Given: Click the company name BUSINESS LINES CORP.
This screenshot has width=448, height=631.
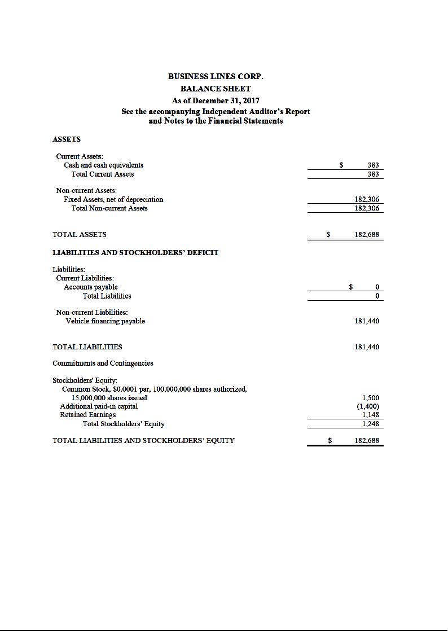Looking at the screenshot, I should point(216,76).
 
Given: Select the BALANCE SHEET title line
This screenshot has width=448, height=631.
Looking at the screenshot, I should point(216,89).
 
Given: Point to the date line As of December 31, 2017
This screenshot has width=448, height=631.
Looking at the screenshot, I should point(216,100).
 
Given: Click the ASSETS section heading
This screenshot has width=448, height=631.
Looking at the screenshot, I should point(67,139).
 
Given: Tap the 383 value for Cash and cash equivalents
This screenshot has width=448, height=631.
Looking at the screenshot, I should point(373,165).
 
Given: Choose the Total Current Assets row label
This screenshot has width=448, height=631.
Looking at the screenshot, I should point(103,174).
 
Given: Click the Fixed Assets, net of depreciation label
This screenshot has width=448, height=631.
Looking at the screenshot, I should point(113,199).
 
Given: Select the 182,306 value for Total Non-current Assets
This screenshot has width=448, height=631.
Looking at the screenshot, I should point(367,208).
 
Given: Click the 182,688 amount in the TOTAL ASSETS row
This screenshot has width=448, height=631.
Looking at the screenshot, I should point(367,234).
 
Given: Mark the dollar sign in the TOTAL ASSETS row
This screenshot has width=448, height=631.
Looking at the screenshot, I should point(328,234).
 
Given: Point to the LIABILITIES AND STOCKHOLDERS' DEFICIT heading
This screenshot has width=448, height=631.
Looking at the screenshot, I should point(135,252).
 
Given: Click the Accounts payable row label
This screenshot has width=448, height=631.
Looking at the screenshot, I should point(91,287).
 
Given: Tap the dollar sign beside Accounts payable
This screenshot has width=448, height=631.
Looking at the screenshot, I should point(351,287).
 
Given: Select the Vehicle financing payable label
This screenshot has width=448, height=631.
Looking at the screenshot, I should point(106,321).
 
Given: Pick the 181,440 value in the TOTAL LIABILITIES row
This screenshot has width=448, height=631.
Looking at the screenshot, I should point(367,347).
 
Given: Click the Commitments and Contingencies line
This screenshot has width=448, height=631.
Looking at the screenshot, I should point(103,363).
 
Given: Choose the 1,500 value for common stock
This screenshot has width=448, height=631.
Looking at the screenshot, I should point(370,398).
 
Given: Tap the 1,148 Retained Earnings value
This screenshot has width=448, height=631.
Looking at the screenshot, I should point(370,415).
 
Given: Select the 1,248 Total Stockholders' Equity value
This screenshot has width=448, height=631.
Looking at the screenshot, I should point(370,424).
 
